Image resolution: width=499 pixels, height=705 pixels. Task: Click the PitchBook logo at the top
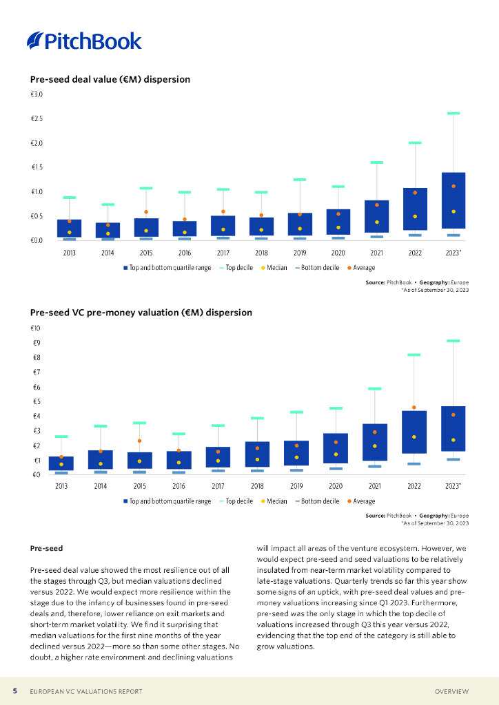coord(84,41)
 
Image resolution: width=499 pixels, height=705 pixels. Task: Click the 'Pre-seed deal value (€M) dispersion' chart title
coord(110,80)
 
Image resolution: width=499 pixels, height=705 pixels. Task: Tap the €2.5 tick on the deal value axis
coord(37,119)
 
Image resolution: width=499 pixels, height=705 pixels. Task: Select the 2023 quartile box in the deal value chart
coord(453,200)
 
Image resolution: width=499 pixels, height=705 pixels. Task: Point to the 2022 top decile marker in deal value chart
coord(415,143)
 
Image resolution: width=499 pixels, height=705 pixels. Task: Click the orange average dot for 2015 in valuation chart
coord(139,441)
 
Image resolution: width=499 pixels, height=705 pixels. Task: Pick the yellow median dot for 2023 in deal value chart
coord(453,211)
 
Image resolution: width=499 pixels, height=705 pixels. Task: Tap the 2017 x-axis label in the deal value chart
coord(223,253)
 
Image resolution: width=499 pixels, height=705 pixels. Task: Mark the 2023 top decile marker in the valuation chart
coord(453,341)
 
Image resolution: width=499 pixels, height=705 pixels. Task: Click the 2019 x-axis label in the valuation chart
coord(296,486)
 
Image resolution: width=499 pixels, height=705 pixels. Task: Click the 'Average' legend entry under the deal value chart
coord(361,268)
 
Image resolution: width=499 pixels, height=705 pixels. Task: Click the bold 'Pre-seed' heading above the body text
coord(47,549)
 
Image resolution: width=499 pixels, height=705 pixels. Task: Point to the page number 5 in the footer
coord(14,691)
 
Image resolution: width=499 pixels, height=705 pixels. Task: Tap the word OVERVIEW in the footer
coord(451,691)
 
